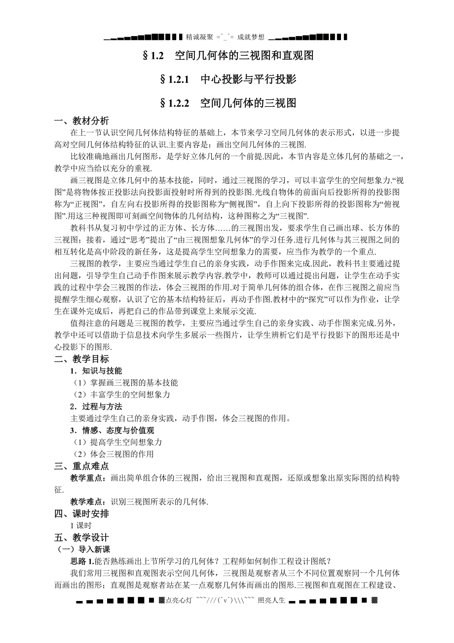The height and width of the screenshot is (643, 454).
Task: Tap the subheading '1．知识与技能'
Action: pyautogui.click(x=96, y=371)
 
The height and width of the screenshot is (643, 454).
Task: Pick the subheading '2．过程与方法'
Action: pyautogui.click(x=96, y=406)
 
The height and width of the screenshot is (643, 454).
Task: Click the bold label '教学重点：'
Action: pyautogui.click(x=88, y=478)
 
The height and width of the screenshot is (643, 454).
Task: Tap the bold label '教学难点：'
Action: pyautogui.click(x=88, y=502)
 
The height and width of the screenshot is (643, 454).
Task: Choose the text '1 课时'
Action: pyautogui.click(x=81, y=525)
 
